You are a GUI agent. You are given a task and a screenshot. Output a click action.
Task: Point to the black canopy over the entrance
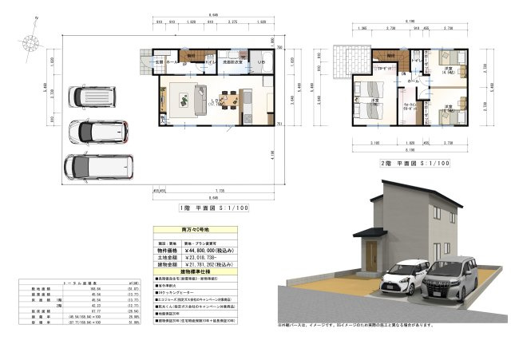[x=369, y=232]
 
